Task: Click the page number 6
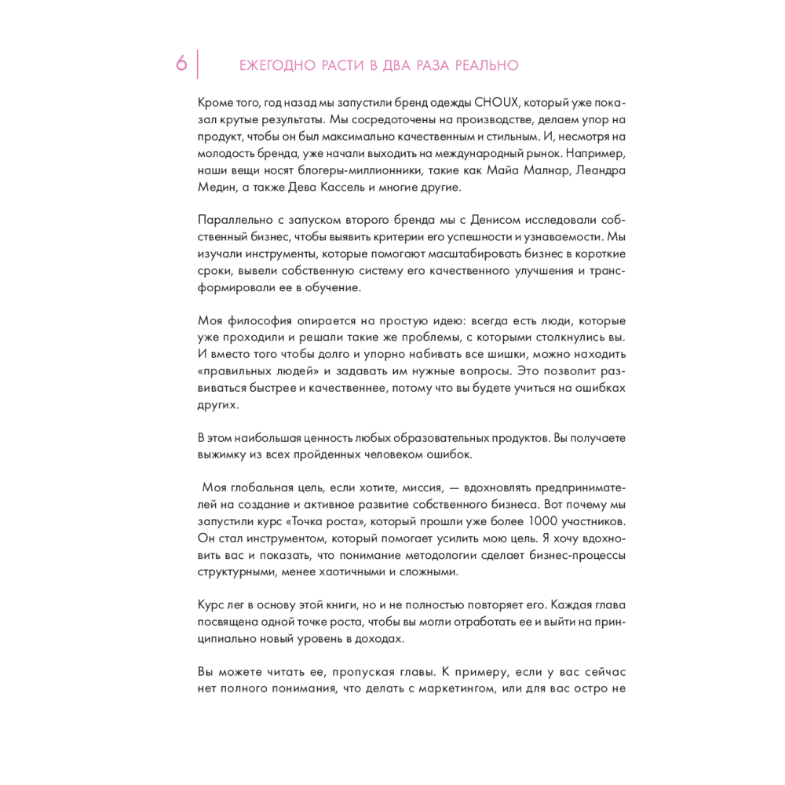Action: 181,64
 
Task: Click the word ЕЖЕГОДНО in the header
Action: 276,66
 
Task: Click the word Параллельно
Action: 231,221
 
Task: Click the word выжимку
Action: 222,455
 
